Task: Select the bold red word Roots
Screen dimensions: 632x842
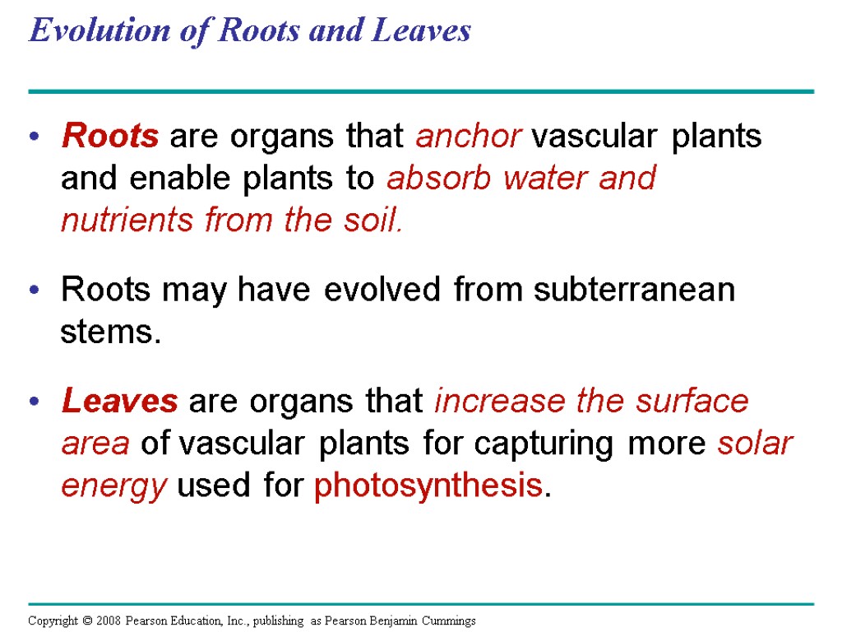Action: pos(110,137)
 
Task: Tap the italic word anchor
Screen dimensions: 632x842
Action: pos(468,137)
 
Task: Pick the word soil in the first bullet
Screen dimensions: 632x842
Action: pos(375,221)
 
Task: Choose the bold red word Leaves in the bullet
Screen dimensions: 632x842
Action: pos(119,402)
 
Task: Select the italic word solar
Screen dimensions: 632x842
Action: pos(754,444)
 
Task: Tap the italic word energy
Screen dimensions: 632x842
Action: pos(114,487)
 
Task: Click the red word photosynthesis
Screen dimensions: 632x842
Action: pos(427,487)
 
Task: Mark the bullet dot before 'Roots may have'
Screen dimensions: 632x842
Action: pos(34,291)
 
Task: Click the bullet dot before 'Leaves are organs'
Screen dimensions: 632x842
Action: pos(34,402)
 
